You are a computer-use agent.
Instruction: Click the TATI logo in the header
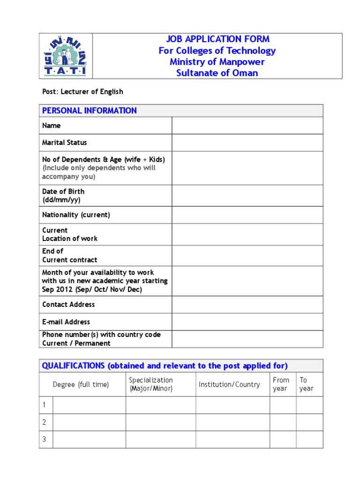coord(66,55)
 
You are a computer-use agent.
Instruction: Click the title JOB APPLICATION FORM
coord(217,39)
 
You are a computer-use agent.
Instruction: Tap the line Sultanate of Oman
coord(217,73)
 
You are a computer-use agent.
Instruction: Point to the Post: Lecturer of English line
coord(82,92)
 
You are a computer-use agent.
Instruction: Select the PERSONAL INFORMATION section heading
coord(90,111)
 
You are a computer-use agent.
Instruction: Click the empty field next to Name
coord(247,126)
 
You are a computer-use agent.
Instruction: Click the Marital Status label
coord(65,142)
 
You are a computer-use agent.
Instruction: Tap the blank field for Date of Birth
coord(247,195)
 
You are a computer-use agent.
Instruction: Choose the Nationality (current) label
coord(76,215)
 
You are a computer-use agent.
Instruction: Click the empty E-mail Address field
coord(247,322)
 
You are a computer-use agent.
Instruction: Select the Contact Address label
coord(68,305)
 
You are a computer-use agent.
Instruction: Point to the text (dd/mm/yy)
coord(61,200)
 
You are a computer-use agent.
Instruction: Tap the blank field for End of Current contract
coord(247,255)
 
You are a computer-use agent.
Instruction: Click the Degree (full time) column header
coord(81,385)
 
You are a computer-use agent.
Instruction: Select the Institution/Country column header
coord(229,385)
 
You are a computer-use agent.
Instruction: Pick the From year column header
coord(281,384)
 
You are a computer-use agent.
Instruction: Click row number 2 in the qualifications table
coord(45,422)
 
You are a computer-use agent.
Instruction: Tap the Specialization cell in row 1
coord(160,405)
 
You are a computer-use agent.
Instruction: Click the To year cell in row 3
coord(309,440)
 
